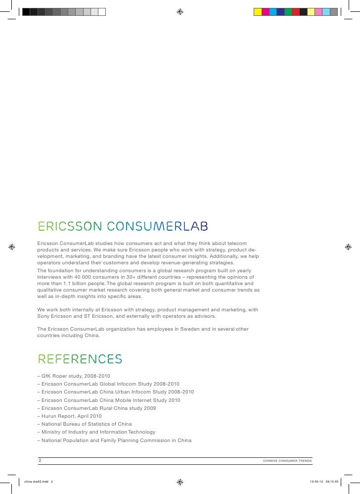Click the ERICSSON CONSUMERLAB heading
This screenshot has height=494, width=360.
123,226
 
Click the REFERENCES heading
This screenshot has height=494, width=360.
80,359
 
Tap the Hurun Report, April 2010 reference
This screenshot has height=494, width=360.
71,416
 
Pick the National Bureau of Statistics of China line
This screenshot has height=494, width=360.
87,424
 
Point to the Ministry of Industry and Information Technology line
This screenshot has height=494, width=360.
98,432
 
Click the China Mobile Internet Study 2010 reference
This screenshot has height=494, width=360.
111,400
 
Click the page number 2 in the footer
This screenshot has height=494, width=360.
40,460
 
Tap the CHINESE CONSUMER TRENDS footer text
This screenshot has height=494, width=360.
287,461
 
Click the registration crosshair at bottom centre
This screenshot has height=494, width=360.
180,481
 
